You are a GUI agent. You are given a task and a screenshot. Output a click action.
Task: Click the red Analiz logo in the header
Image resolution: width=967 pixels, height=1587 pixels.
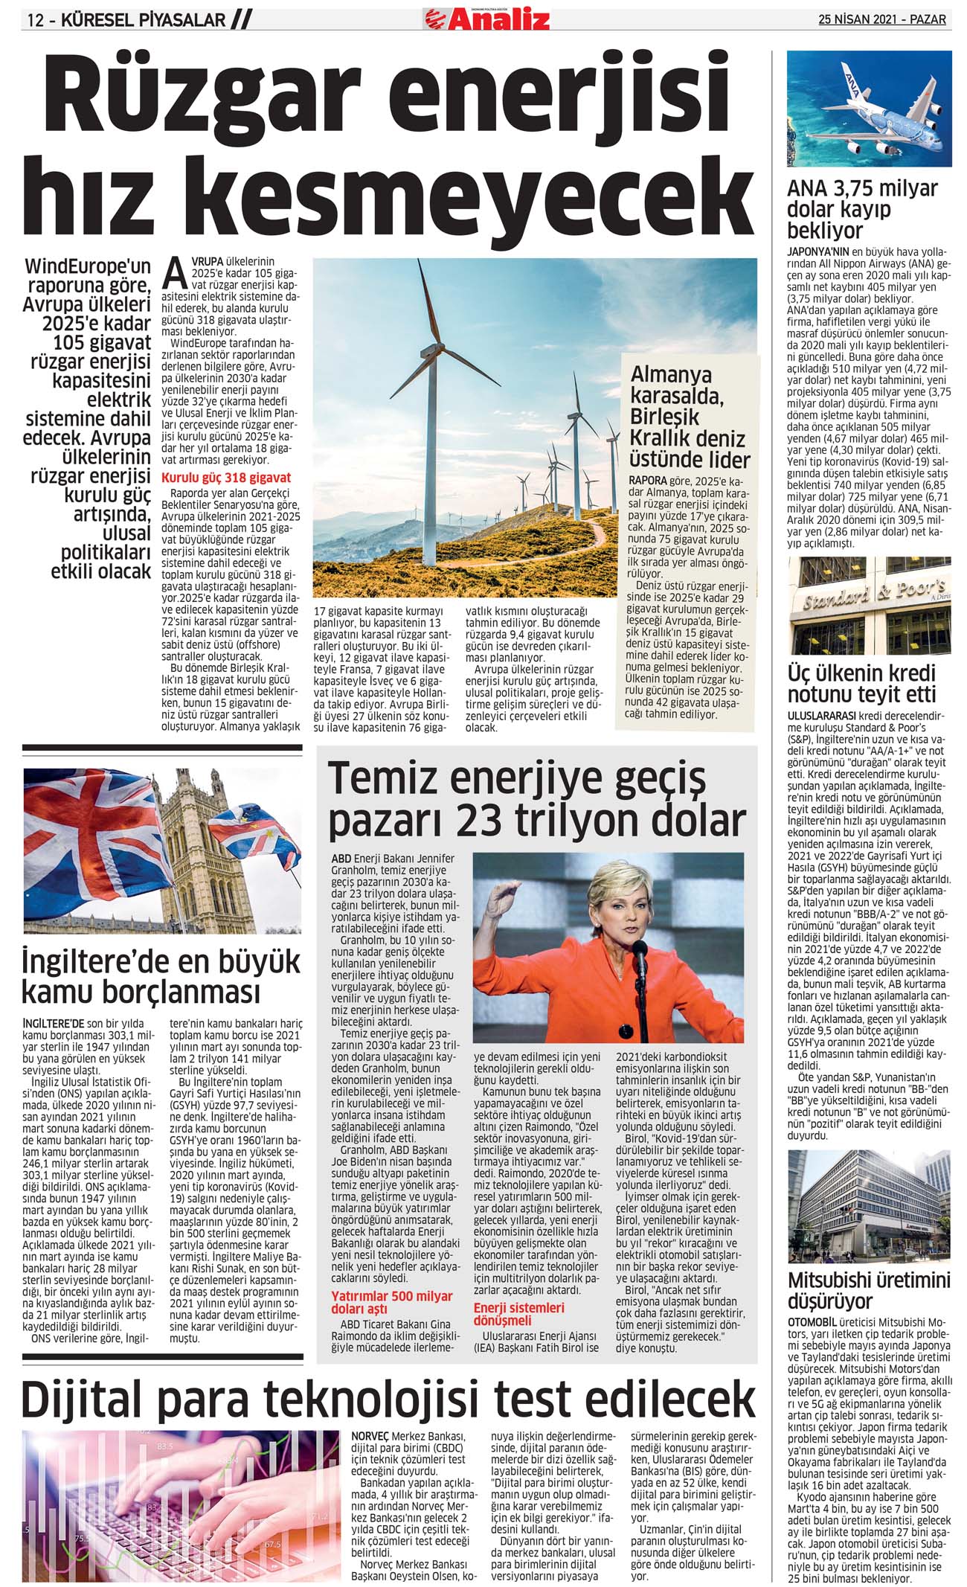pyautogui.click(x=487, y=18)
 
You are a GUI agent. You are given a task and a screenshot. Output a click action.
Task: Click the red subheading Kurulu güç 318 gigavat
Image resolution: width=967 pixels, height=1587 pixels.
pyautogui.click(x=226, y=478)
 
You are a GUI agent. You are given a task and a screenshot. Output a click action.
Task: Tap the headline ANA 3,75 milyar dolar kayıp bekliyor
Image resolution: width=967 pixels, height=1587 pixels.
pyautogui.click(x=863, y=209)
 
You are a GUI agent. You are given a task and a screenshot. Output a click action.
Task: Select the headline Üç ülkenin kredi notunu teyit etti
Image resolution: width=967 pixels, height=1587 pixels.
pyautogui.click(x=861, y=684)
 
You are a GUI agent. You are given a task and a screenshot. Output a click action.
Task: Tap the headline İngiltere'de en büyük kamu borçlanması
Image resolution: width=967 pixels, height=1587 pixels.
pyautogui.click(x=161, y=976)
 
